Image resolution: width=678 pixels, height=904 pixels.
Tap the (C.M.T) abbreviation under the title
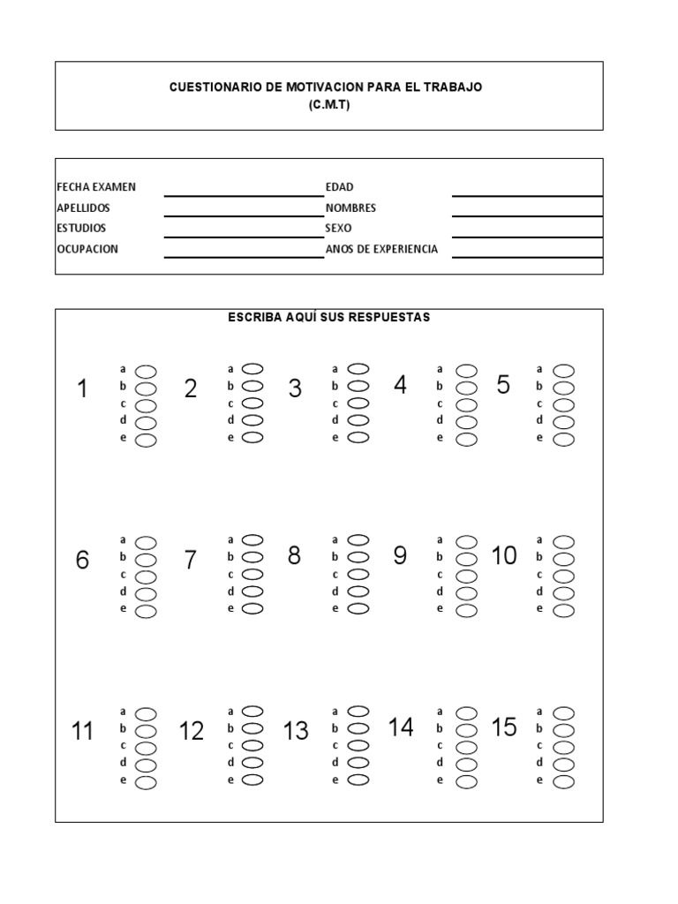pos(329,104)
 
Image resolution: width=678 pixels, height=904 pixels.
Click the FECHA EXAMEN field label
pos(96,187)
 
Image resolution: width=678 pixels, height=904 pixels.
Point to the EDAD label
pos(339,187)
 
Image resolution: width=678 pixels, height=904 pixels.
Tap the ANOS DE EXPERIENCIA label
pos(381,250)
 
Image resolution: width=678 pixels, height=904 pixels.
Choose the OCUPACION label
pos(87,250)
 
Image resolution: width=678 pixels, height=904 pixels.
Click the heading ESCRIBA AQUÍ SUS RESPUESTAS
pos(329,318)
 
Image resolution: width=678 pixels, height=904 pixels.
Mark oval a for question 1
pos(146,371)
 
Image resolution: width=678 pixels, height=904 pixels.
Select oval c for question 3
pos(358,403)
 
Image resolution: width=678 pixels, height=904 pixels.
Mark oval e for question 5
pos(563,439)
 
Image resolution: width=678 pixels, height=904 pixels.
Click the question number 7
pos(190,560)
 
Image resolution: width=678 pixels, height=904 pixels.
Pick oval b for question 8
pos(358,557)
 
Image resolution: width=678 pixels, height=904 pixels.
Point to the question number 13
pos(296,731)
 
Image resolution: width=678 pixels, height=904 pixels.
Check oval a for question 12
pos(252,711)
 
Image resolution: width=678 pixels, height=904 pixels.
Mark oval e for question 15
pos(563,781)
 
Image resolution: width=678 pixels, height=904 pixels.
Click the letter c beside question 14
pos(440,746)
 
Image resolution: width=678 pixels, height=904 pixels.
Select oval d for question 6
pos(146,593)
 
